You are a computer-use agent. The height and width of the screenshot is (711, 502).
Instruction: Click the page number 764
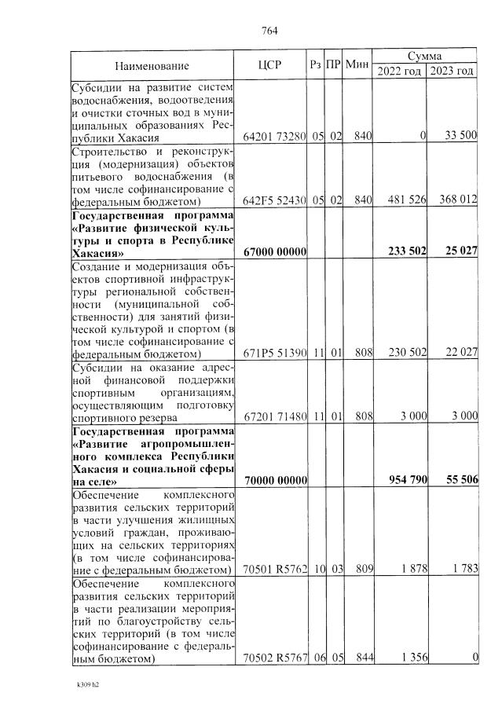269,31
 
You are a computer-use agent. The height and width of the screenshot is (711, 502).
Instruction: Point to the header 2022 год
399,71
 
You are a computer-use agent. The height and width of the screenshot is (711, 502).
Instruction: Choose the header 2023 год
452,71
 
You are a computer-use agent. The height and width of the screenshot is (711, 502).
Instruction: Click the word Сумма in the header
424,57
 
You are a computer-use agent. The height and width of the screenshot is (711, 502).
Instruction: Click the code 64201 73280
274,136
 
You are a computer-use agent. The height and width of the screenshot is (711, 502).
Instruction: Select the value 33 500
460,136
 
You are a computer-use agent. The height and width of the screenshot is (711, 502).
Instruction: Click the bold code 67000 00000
274,251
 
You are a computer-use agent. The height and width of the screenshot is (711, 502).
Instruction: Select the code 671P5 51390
274,353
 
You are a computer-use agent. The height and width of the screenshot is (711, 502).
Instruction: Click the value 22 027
460,353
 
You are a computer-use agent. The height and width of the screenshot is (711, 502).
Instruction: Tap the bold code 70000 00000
274,480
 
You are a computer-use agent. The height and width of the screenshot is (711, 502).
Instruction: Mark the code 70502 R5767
274,658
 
